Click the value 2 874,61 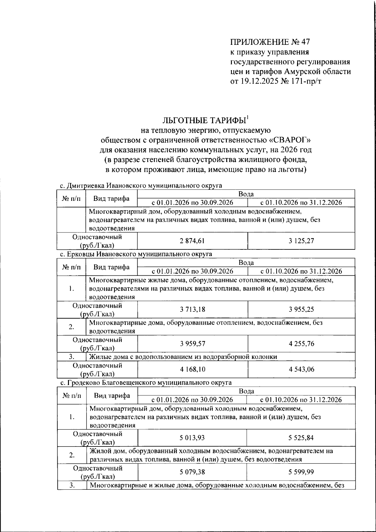coord(192,241)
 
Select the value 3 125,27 coord(301,241)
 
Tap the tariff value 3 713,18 coord(192,310)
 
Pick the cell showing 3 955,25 coord(301,310)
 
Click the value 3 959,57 coord(192,344)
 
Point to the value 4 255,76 coord(301,344)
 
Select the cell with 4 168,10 coord(192,369)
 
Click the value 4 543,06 coord(301,369)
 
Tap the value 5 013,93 coord(192,438)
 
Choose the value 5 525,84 coord(301,438)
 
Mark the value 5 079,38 coord(192,472)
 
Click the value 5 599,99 coord(301,472)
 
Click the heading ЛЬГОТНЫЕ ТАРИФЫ coord(204,121)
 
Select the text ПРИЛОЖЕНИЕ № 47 coord(270,42)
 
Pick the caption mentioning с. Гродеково coord(146,383)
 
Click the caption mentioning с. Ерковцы coord(136,254)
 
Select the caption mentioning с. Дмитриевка coord(141,185)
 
